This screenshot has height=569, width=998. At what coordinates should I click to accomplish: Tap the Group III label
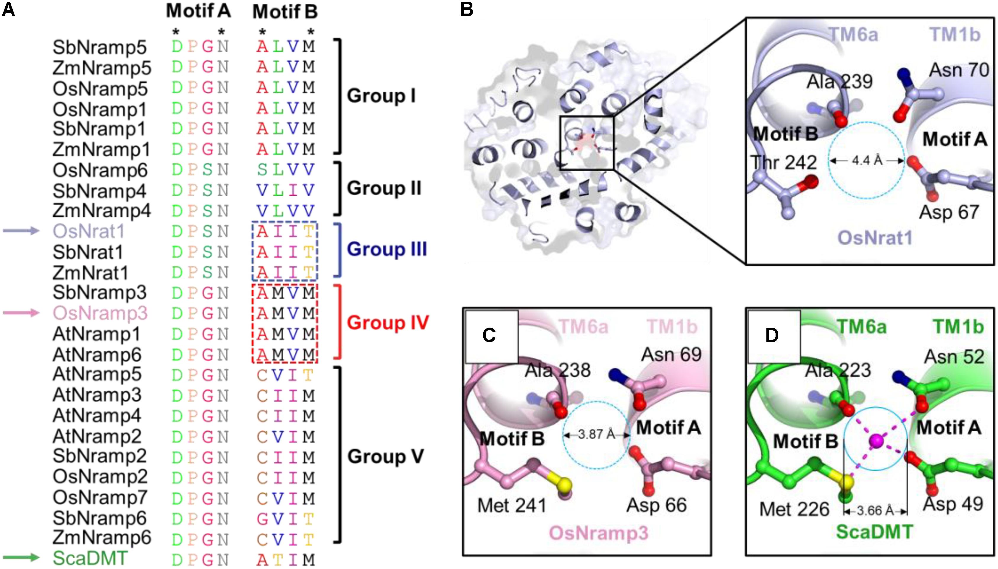tap(387, 249)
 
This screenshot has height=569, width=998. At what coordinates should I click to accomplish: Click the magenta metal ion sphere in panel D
tap(876, 441)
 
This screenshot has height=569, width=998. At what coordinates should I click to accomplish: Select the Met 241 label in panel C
tap(512, 506)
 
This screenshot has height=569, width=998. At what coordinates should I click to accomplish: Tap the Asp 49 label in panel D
tap(953, 504)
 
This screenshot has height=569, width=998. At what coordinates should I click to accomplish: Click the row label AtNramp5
tap(97, 374)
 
